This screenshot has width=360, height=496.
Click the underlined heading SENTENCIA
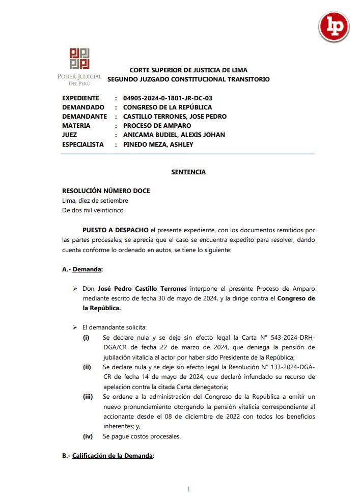click(x=188, y=172)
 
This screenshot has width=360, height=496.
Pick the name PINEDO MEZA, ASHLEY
click(x=158, y=144)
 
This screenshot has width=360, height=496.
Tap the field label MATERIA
click(x=76, y=126)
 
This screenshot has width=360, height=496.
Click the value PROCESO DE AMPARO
click(x=157, y=126)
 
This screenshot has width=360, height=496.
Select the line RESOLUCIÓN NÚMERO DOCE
click(x=106, y=191)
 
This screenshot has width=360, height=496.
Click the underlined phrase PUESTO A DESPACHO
click(x=116, y=231)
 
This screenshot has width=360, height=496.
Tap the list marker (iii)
click(x=88, y=396)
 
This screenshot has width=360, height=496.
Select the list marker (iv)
click(x=88, y=436)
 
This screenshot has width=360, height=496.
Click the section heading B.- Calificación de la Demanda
click(x=108, y=456)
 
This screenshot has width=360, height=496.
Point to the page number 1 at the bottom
click(x=188, y=489)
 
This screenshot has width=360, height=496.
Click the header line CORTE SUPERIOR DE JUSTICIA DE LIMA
click(x=188, y=70)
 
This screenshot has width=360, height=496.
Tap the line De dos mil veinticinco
click(x=93, y=210)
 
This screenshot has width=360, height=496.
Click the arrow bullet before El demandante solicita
click(x=75, y=327)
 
